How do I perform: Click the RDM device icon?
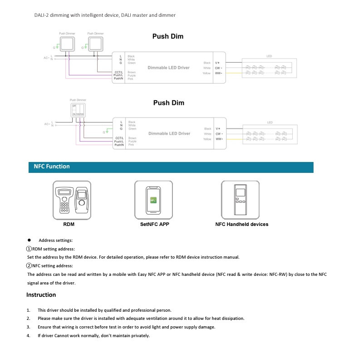pos(72,200)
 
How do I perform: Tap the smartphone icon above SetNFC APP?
pos(153,200)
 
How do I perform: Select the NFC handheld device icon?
pos(240,200)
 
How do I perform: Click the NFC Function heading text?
pos(52,167)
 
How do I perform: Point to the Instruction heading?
pos(41,295)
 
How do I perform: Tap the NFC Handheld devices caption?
pos(241,224)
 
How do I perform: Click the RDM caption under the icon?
pos(69,224)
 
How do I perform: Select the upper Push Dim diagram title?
pos(167,37)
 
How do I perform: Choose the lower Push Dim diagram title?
pos(168,103)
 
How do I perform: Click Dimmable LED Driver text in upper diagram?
pos(169,68)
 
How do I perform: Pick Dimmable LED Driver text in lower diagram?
pos(169,134)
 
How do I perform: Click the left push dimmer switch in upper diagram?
pos(67,44)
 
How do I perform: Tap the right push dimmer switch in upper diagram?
pos(95,44)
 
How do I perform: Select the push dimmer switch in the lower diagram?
pos(78,109)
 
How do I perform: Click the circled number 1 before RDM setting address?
pos(29,249)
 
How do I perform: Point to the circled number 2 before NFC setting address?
pos(29,266)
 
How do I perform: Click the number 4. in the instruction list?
pos(28,336)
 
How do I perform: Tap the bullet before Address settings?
pos(29,240)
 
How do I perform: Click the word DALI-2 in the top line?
pos(42,15)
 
